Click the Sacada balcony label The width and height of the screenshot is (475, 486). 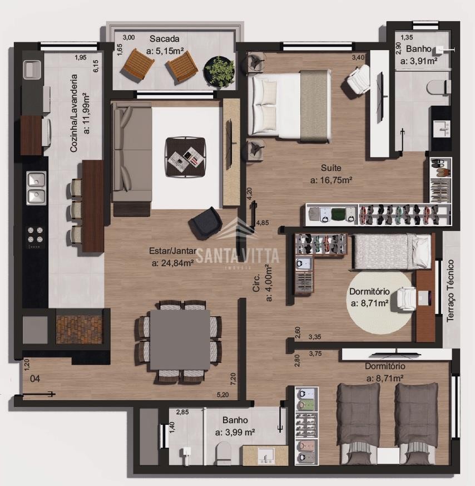(165, 39)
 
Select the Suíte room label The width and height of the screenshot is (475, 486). (331, 168)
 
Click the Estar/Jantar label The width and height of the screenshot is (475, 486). (173, 251)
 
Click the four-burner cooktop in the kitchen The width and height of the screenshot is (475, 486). (35, 235)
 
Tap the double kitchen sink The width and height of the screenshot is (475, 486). (37, 188)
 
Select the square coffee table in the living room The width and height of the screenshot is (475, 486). (185, 157)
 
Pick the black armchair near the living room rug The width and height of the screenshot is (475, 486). (206, 223)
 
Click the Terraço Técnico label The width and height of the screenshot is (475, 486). (450, 291)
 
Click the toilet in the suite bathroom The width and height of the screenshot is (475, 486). (438, 87)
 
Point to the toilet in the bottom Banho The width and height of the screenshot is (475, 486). (223, 453)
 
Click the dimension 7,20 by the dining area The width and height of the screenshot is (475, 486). (234, 379)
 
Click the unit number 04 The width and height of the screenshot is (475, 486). (35, 379)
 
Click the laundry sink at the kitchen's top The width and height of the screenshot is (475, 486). (32, 70)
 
